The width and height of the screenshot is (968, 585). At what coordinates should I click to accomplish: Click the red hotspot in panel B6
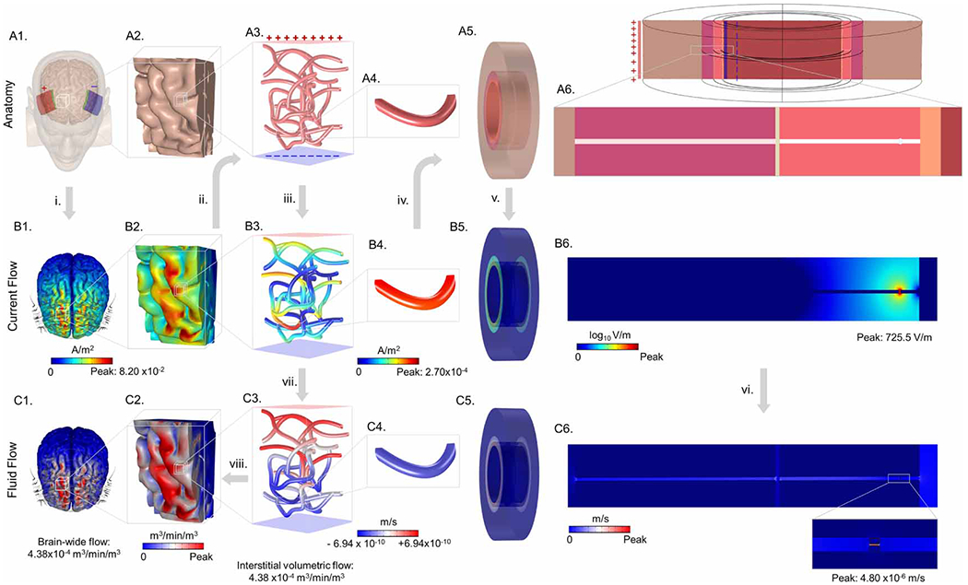coord(899,291)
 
